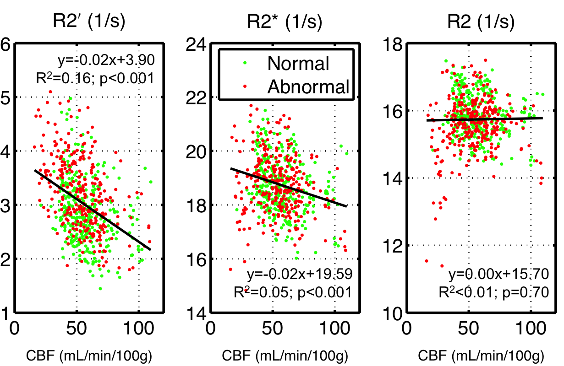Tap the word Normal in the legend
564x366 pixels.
(x=298, y=64)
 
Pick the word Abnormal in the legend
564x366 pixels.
(x=309, y=86)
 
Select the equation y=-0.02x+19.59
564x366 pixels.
(x=300, y=274)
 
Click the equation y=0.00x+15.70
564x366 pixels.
(x=498, y=274)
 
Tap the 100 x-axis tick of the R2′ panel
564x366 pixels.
(x=139, y=329)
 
